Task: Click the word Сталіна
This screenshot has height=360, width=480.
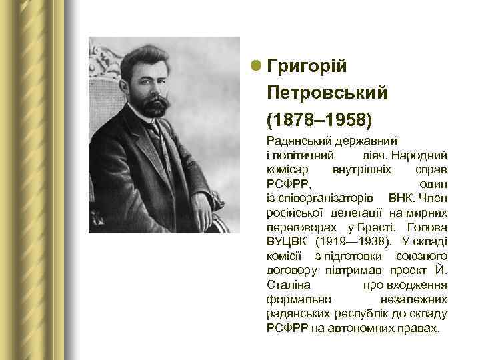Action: (284, 285)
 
